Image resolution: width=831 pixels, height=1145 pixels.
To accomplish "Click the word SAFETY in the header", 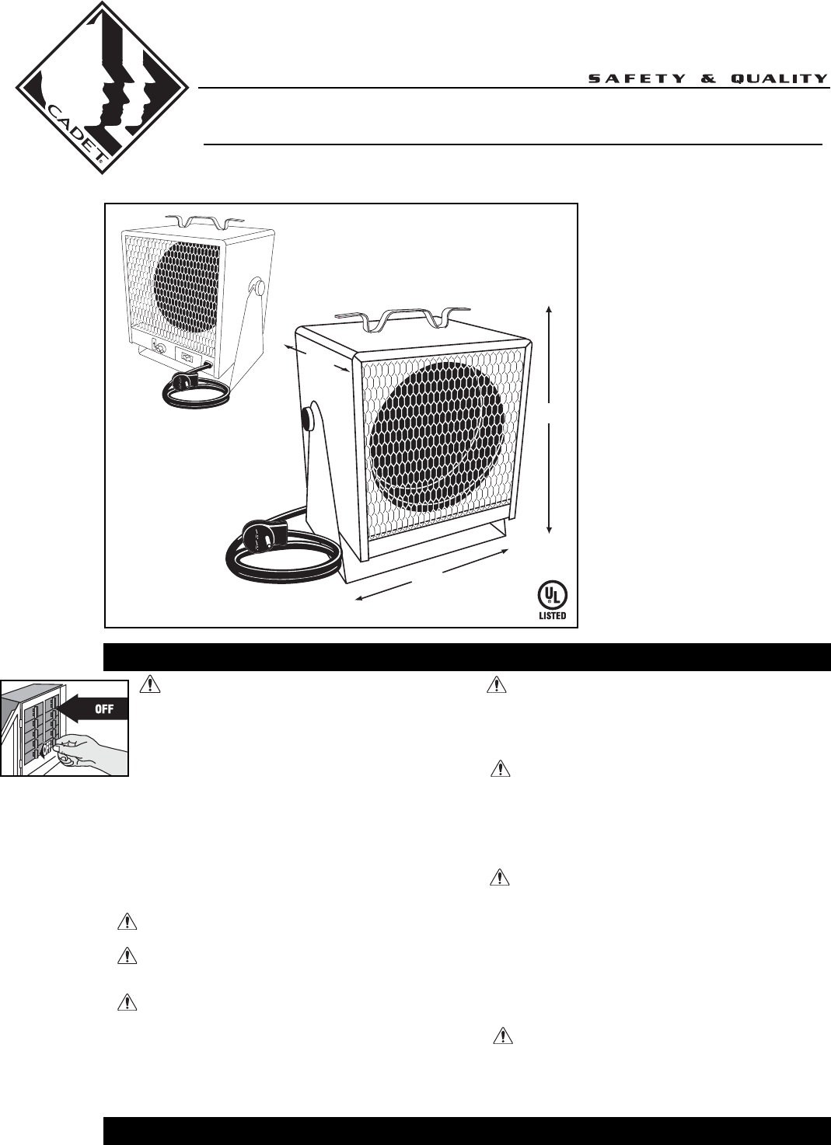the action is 636,78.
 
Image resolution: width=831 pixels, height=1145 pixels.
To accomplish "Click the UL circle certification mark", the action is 552,596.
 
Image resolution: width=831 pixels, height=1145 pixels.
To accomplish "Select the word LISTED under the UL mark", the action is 552,616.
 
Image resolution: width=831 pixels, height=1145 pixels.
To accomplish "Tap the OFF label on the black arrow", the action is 104,709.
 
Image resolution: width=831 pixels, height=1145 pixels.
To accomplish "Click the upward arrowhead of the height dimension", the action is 550,309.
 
